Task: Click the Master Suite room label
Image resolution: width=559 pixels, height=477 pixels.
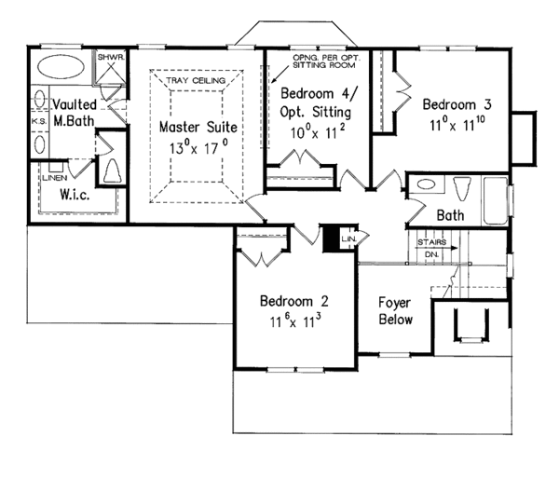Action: pos(198,128)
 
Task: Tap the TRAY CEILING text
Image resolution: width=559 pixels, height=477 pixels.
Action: pos(196,80)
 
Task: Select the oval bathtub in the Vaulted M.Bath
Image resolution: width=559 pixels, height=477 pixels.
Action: pos(61,67)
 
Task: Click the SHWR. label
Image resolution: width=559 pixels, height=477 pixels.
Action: pos(111,57)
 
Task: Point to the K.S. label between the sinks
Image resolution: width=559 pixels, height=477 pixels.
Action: pos(39,121)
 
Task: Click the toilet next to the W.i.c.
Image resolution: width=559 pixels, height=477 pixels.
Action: pos(112,171)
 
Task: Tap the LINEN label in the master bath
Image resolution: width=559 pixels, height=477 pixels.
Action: pos(54,178)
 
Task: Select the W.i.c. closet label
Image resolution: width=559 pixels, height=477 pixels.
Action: pos(75,195)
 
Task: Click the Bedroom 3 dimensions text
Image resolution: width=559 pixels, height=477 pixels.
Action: pos(457,124)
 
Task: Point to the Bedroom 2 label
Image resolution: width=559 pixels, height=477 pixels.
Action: pos(294,301)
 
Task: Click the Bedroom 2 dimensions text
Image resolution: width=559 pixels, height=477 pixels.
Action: pos(295,320)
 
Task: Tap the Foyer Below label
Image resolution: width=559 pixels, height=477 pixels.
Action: pos(395,311)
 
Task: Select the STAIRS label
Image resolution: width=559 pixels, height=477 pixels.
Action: pos(431,242)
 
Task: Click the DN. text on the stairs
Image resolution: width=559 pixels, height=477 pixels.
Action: pos(431,254)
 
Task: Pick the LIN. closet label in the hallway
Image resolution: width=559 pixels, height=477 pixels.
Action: pos(348,238)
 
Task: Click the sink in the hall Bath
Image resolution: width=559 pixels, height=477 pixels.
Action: pos(426,184)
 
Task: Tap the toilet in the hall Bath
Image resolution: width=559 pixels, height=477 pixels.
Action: pos(462,188)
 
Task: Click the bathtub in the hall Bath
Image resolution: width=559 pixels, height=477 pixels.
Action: pos(496,200)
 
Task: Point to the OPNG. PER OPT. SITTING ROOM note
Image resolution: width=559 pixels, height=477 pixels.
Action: pos(327,61)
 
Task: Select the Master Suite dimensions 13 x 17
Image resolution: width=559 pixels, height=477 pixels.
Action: pos(198,147)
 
